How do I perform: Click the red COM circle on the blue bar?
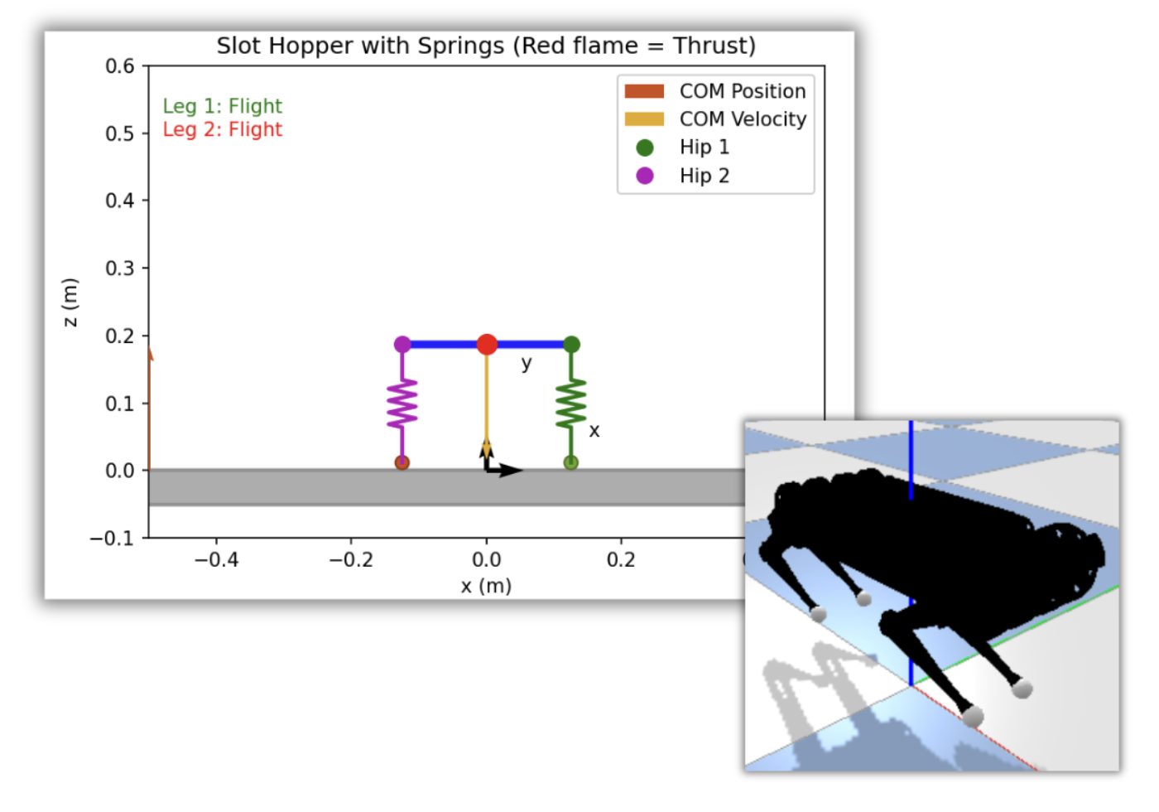pos(487,345)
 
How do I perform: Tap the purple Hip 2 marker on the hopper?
pos(402,345)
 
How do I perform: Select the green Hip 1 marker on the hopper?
pos(571,345)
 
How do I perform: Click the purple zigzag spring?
pos(402,404)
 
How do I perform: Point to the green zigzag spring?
pos(570,404)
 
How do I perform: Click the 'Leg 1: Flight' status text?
pos(223,106)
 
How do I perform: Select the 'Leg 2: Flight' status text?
pos(223,129)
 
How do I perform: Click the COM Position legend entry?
pos(715,91)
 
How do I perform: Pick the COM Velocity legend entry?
pos(715,119)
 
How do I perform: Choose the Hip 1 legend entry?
pos(682,147)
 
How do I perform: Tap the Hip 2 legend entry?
pos(682,176)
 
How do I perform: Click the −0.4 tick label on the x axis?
pos(216,560)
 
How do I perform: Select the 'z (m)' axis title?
pos(70,302)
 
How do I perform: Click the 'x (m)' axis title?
pos(486,587)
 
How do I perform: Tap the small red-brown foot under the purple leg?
pos(402,462)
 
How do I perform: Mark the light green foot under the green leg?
pos(570,462)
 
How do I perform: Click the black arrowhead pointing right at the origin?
pos(511,471)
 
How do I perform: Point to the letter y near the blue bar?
pos(527,364)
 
